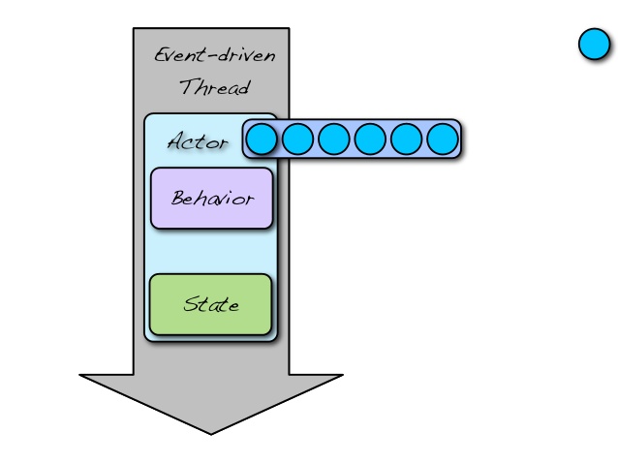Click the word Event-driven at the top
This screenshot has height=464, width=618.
214,55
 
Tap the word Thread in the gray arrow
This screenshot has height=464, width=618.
214,88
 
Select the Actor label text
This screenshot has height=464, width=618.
197,142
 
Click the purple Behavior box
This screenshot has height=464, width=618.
211,199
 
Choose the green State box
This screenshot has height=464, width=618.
210,304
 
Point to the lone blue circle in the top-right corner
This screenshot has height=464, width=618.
594,45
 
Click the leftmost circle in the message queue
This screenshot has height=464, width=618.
261,139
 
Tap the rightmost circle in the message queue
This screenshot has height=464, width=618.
442,139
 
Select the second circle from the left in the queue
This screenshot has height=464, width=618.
297,139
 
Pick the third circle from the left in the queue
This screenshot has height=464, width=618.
333,139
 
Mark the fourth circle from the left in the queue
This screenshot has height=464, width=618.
369,139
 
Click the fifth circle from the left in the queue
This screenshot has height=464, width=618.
406,139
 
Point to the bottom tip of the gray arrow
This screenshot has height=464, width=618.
211,432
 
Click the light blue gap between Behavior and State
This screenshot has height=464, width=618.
210,252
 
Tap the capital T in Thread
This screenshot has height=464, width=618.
186,87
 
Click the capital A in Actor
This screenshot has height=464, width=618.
175,142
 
